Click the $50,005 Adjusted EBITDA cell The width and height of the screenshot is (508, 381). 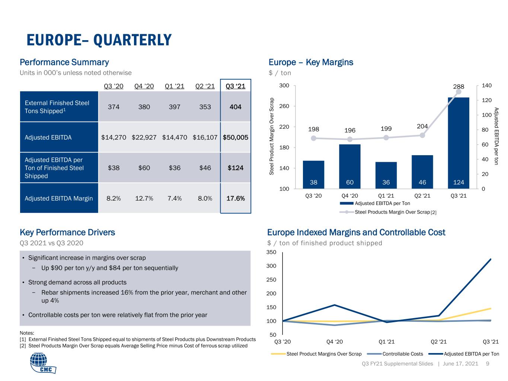[x=235, y=137]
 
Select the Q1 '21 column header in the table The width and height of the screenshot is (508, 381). [x=175, y=86]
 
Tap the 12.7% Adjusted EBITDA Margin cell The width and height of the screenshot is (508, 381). [x=144, y=198]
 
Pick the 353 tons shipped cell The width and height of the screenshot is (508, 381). [x=205, y=107]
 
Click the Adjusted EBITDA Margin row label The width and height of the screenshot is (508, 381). [x=58, y=198]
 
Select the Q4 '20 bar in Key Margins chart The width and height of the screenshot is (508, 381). [x=350, y=167]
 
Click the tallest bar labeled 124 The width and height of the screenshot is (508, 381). [x=459, y=143]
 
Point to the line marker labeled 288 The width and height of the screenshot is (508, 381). [x=459, y=92]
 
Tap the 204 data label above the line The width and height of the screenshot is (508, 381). [x=422, y=126]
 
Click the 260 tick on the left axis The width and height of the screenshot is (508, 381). [x=284, y=106]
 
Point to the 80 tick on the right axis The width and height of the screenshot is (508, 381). [x=485, y=130]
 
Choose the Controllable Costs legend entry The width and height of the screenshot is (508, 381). [x=395, y=354]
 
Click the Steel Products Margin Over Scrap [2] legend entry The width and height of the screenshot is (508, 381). [x=388, y=212]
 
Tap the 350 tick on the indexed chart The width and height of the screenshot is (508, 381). [x=271, y=252]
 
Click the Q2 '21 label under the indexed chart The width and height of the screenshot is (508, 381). [x=438, y=342]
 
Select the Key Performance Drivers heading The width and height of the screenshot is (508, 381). [x=67, y=232]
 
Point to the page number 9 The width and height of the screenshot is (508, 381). [x=488, y=364]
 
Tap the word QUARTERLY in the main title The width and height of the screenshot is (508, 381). [x=132, y=40]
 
